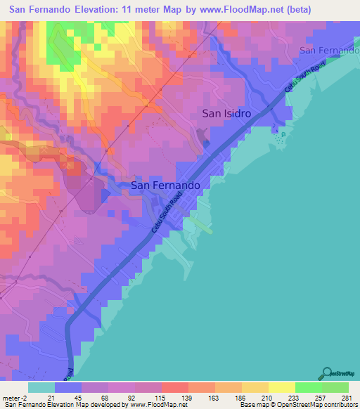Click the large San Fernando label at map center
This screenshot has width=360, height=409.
click(x=166, y=186)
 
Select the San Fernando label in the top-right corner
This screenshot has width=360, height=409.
click(x=328, y=51)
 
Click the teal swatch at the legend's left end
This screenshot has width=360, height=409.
click(x=41, y=387)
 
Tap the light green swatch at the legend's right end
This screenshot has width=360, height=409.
click(x=335, y=387)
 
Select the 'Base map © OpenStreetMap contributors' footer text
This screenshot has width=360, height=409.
click(x=298, y=405)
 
